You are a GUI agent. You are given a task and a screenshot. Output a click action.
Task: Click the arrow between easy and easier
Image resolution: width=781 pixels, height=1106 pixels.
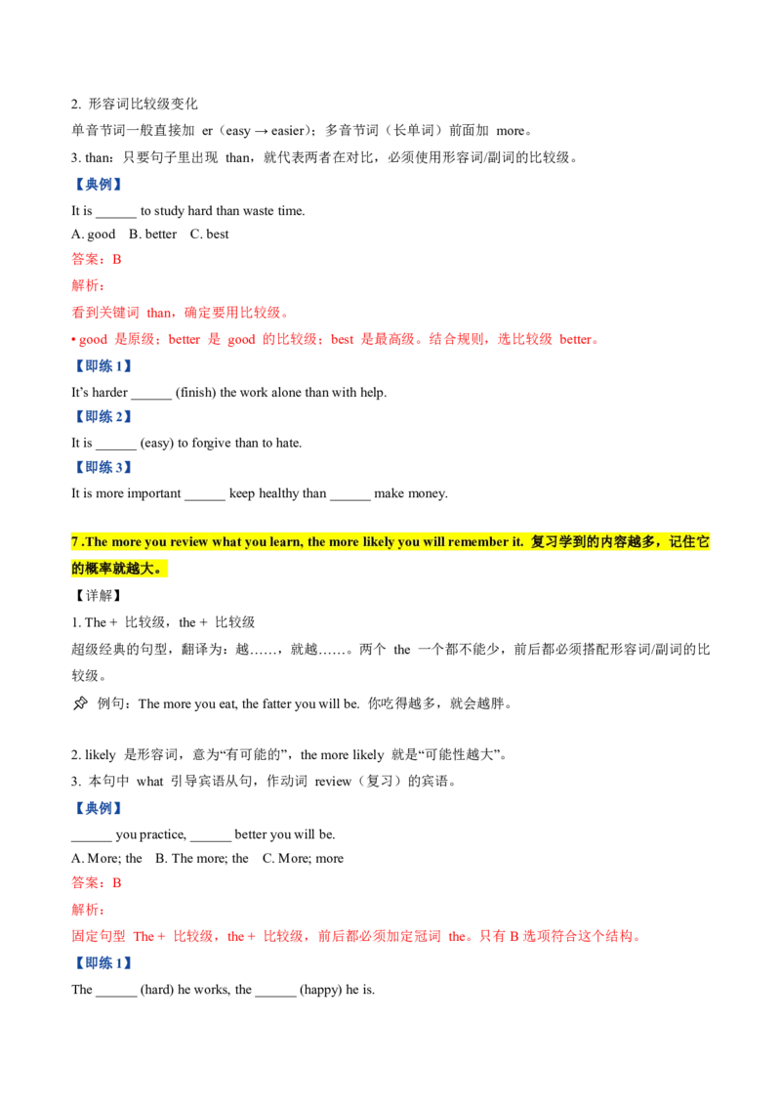click(x=261, y=131)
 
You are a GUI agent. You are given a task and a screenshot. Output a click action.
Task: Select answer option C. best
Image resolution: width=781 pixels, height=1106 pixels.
click(x=209, y=234)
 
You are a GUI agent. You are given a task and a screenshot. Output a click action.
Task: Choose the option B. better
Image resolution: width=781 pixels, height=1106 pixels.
click(x=153, y=234)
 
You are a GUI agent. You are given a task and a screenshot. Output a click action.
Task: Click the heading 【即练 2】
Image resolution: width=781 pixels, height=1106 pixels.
click(x=103, y=417)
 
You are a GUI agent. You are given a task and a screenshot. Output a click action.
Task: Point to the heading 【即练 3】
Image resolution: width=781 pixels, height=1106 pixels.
click(x=103, y=468)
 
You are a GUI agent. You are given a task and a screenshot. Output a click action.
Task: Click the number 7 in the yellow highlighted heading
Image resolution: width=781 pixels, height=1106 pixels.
click(x=75, y=541)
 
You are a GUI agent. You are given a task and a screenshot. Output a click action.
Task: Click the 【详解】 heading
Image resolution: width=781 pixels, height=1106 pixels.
click(x=98, y=596)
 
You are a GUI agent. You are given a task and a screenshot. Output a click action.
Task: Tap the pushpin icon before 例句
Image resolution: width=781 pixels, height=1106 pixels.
click(x=80, y=703)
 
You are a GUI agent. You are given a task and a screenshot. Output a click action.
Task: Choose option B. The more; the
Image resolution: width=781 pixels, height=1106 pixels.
click(x=201, y=859)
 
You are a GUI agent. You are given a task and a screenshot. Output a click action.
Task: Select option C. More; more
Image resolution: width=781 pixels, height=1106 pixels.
click(x=303, y=859)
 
